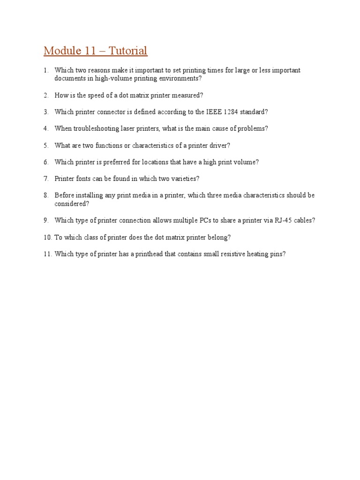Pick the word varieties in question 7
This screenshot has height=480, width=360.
coord(183,179)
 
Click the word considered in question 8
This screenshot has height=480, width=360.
coord(71,204)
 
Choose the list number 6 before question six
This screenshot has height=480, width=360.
coord(46,162)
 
